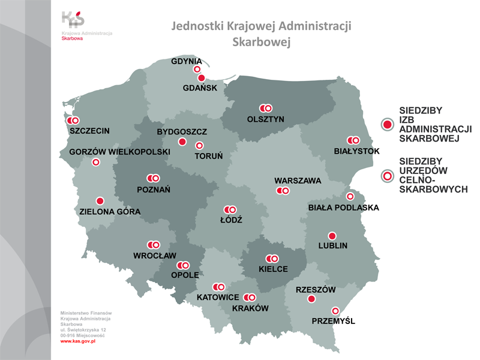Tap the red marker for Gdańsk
(201, 78)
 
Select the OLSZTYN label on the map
(265, 119)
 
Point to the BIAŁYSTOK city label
(356, 151)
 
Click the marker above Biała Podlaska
(350, 196)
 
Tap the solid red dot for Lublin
(332, 236)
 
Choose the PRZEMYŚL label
(333, 321)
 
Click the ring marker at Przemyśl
(335, 311)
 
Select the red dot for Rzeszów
(311, 299)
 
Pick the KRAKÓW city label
(250, 308)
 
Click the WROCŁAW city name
(154, 256)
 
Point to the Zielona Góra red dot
(100, 201)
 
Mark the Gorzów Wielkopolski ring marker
(95, 162)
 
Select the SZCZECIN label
(89, 130)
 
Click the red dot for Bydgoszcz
(182, 142)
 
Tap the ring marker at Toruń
(199, 145)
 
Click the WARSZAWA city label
(298, 181)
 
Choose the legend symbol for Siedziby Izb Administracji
(388, 124)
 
